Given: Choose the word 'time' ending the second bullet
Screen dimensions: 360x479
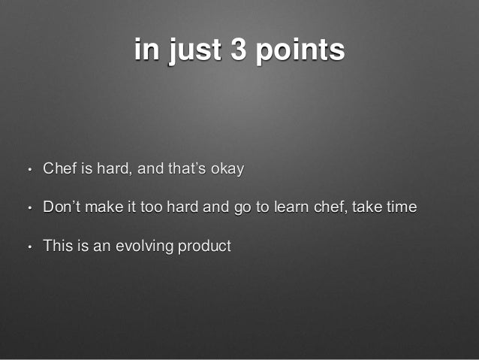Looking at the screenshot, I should [402, 207].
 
